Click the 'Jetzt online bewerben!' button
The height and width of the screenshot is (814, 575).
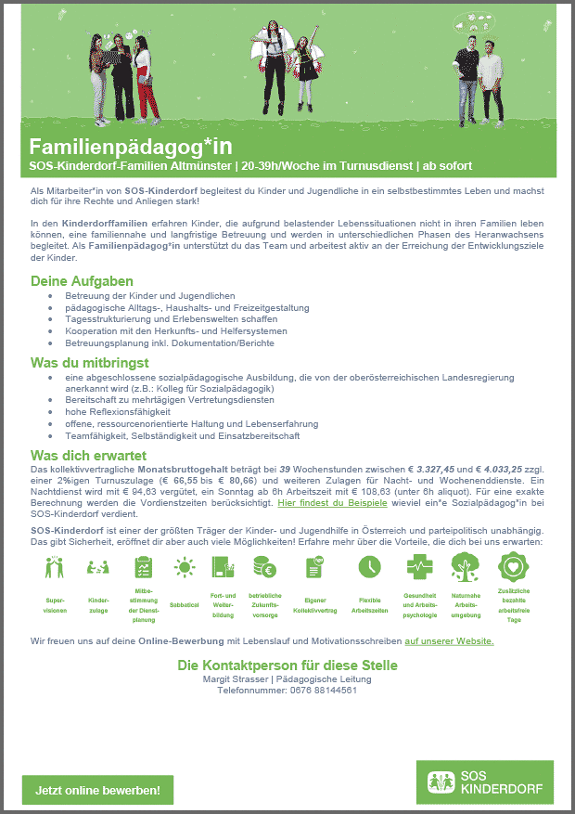(97, 790)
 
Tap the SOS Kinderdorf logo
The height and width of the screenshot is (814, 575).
(484, 782)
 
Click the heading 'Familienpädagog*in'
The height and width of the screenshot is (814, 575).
(131, 147)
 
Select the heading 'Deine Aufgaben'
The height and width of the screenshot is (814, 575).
(82, 281)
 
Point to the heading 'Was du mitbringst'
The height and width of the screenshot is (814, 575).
(89, 362)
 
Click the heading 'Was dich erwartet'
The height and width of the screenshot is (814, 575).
(88, 456)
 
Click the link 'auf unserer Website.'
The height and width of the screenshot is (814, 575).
(449, 641)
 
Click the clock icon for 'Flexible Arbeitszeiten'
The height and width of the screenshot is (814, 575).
(369, 566)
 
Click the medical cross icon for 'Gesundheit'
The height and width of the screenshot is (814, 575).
(419, 566)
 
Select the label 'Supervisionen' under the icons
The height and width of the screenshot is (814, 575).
(55, 604)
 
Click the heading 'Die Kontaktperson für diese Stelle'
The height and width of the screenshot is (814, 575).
(287, 665)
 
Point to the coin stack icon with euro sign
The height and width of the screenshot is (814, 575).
(262, 566)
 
